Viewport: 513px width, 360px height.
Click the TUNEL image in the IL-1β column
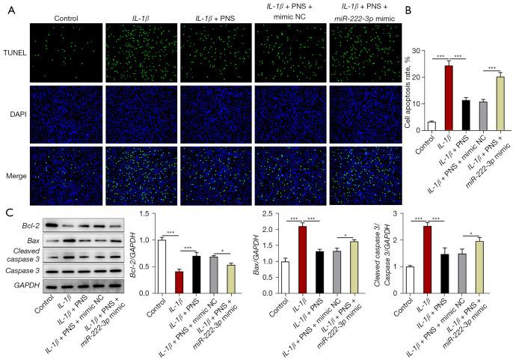pyautogui.click(x=141, y=52)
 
